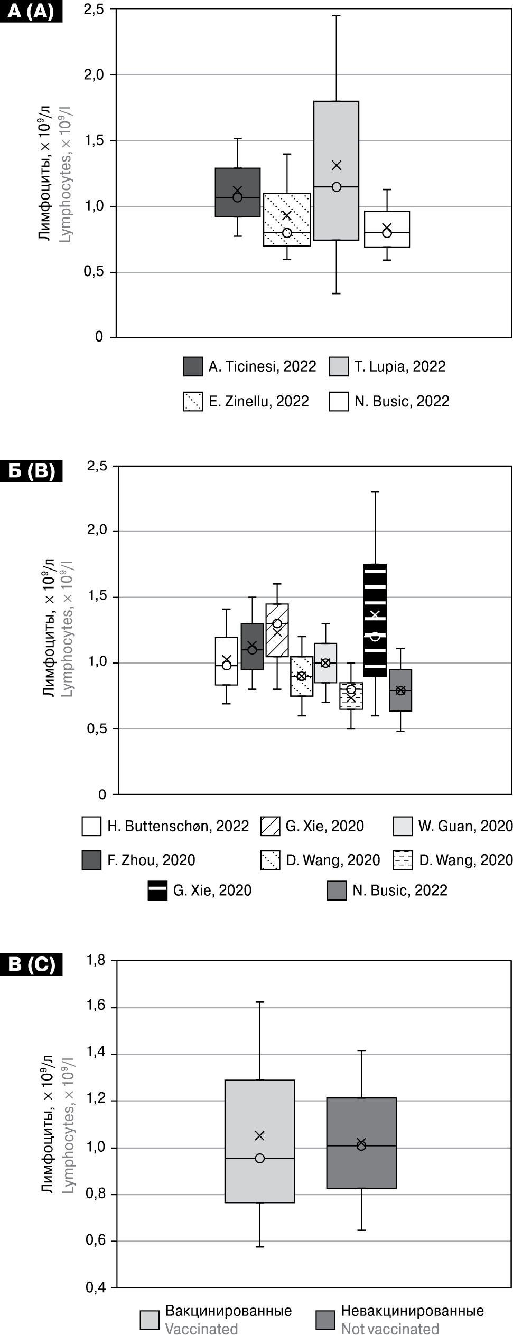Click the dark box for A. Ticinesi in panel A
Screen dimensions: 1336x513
(237, 179)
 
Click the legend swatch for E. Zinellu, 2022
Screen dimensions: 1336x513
(193, 402)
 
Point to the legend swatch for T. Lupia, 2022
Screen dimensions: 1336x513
(339, 366)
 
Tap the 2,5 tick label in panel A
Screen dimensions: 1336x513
(94, 10)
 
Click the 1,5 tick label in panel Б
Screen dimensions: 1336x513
(96, 596)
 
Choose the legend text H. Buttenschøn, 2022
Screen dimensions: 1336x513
(178, 826)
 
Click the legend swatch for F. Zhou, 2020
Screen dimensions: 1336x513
(91, 860)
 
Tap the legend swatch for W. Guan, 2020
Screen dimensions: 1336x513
(403, 826)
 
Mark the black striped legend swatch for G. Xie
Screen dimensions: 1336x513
(157, 890)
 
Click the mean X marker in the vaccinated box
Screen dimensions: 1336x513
(259, 1135)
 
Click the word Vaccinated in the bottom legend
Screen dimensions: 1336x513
(202, 1329)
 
